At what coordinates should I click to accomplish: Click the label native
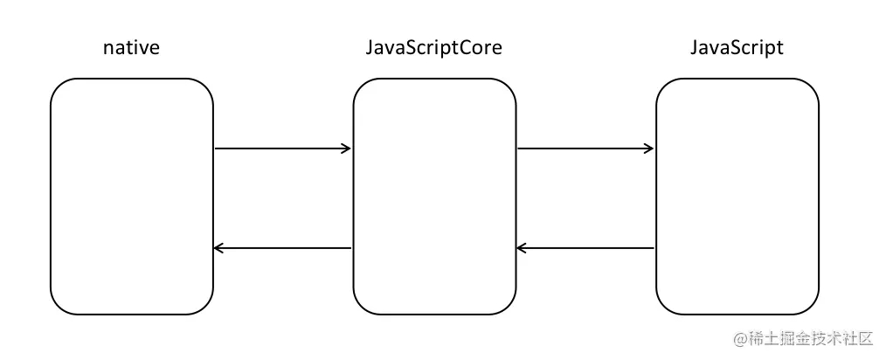coord(131,48)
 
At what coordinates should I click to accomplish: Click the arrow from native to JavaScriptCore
coord(283,149)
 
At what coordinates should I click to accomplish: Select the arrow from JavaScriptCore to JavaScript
coord(586,149)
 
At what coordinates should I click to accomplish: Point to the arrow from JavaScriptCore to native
coord(282,248)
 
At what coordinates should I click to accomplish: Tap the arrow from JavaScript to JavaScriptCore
coord(585,248)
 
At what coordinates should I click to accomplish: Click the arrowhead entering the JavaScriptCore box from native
coord(346,149)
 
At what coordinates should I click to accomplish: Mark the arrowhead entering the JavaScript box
coord(648,149)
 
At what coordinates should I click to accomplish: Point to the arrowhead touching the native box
coord(219,248)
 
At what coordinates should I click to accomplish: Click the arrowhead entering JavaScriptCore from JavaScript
coord(523,248)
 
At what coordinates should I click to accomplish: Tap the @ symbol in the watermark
coord(741,339)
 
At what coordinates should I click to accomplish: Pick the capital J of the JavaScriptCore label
coord(370,48)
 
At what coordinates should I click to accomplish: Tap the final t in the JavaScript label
coord(780,49)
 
